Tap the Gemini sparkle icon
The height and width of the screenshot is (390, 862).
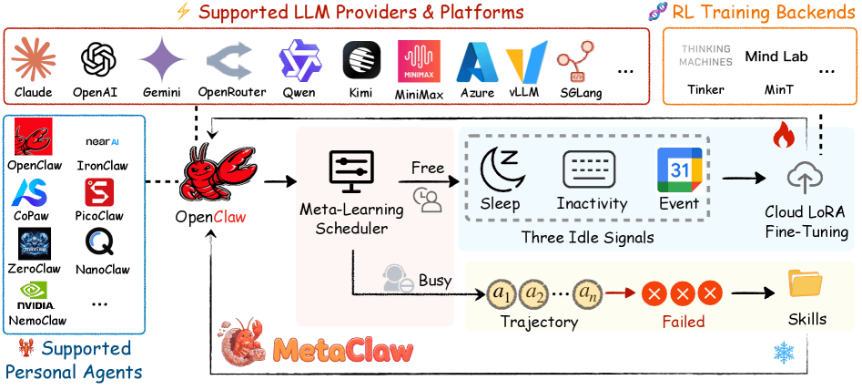[162, 61]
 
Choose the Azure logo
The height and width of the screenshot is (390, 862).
[476, 63]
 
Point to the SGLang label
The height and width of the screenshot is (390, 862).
[579, 92]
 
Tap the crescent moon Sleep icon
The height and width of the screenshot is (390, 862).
[500, 169]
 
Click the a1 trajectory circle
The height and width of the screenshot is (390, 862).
[502, 293]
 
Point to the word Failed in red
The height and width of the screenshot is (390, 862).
[683, 322]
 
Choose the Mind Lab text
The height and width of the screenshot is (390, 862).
[776, 56]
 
